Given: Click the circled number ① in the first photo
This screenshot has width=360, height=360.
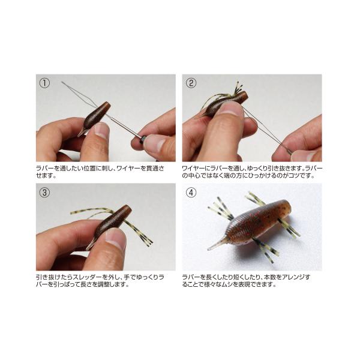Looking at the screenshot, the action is click(44, 83).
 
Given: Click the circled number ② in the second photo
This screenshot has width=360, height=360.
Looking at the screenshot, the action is click(191, 83).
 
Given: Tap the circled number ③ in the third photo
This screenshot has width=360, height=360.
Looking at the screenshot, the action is click(44, 192).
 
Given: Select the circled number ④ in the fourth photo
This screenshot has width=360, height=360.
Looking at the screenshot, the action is click(191, 192).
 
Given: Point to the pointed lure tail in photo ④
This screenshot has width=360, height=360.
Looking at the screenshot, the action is click(217, 244).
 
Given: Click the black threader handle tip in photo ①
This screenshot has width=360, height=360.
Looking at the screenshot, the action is click(143, 139).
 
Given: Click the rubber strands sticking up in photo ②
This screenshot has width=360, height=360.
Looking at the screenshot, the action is click(238, 88).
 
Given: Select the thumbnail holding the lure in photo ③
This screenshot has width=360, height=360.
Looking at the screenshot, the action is click(115, 238).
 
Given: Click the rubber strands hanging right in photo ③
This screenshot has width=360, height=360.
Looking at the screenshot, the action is click(139, 231).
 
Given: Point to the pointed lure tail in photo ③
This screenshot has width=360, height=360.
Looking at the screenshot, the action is click(90, 245).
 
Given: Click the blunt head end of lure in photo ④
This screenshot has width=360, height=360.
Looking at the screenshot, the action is click(287, 206).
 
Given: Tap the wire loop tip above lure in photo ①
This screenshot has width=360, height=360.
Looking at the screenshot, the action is click(62, 82).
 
